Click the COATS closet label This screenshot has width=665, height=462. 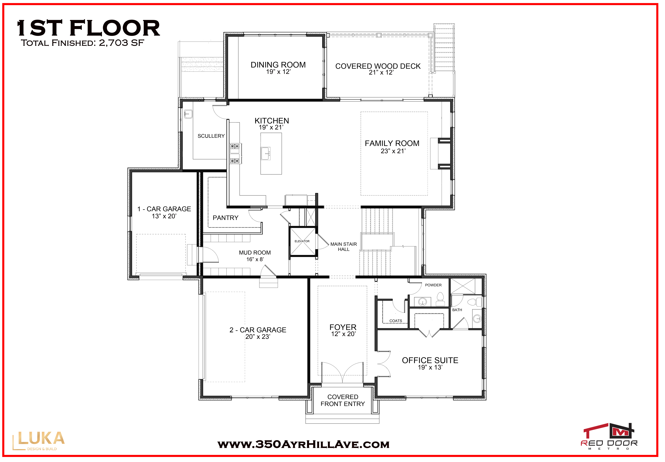tap(396, 321)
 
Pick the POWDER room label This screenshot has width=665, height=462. tap(433, 285)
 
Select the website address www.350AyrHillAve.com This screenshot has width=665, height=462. tap(303, 444)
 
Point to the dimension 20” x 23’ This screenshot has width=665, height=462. tap(258, 337)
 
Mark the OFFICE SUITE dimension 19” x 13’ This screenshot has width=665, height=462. tap(430, 367)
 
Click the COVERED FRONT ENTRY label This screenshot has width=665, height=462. tap(343, 400)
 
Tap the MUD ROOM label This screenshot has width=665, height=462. tap(255, 253)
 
